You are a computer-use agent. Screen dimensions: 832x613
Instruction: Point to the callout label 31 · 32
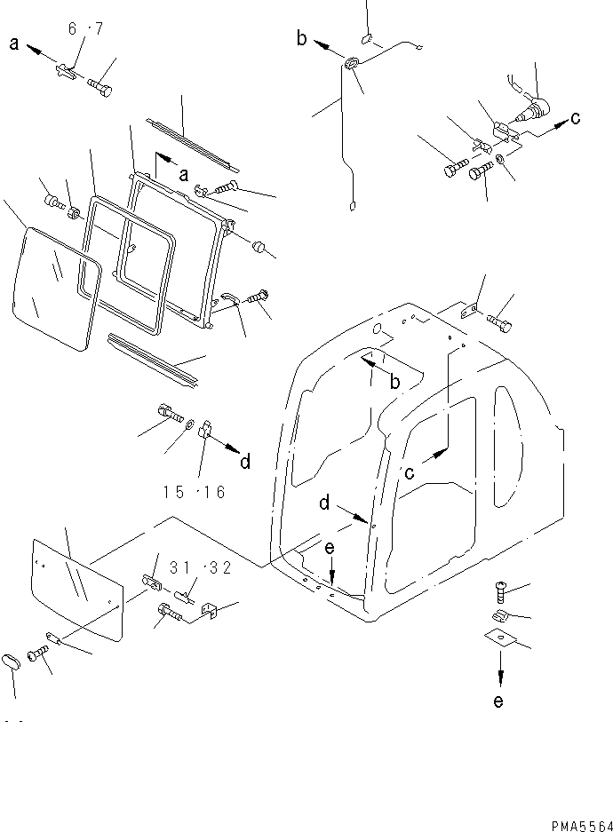pyautogui.click(x=202, y=569)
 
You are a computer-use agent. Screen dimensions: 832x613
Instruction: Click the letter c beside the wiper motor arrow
pyautogui.click(x=577, y=117)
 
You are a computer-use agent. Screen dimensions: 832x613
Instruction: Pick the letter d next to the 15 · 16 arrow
pyautogui.click(x=245, y=461)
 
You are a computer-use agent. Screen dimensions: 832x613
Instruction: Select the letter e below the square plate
pyautogui.click(x=498, y=701)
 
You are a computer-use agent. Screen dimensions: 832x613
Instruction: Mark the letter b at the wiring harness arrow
pyautogui.click(x=302, y=37)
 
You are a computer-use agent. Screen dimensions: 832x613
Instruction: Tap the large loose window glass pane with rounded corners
pyautogui.click(x=53, y=289)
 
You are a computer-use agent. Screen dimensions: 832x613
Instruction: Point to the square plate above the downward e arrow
pyautogui.click(x=500, y=637)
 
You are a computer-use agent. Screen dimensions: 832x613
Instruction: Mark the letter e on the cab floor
pyautogui.click(x=330, y=549)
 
